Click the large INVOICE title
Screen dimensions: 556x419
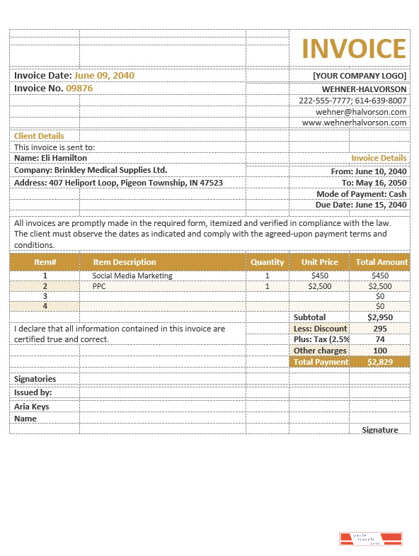[x=354, y=49]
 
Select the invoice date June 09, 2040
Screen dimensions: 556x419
[x=104, y=75]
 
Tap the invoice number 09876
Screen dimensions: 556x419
[x=79, y=89]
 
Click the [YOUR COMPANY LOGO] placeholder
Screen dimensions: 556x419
[x=360, y=76]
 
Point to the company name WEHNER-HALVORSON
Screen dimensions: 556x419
[x=364, y=89]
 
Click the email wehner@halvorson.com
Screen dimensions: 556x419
[x=361, y=112]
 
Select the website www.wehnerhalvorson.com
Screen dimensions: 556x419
[x=354, y=123]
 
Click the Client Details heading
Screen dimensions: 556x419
[x=39, y=136]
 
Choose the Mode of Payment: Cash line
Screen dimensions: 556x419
[x=361, y=194]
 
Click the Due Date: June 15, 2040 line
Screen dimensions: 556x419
[x=361, y=205]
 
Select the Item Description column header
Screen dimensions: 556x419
[x=125, y=262]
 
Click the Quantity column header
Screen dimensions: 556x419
[x=267, y=262]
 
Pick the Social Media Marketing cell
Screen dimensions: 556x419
[x=132, y=276]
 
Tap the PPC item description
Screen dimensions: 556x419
[x=98, y=286]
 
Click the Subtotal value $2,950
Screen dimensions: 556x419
[x=380, y=317]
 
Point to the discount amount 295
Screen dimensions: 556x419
[x=380, y=329]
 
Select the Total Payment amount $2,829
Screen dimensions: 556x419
[x=380, y=362]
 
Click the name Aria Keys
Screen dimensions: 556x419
[x=32, y=407]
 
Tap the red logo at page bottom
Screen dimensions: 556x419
[x=371, y=539]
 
